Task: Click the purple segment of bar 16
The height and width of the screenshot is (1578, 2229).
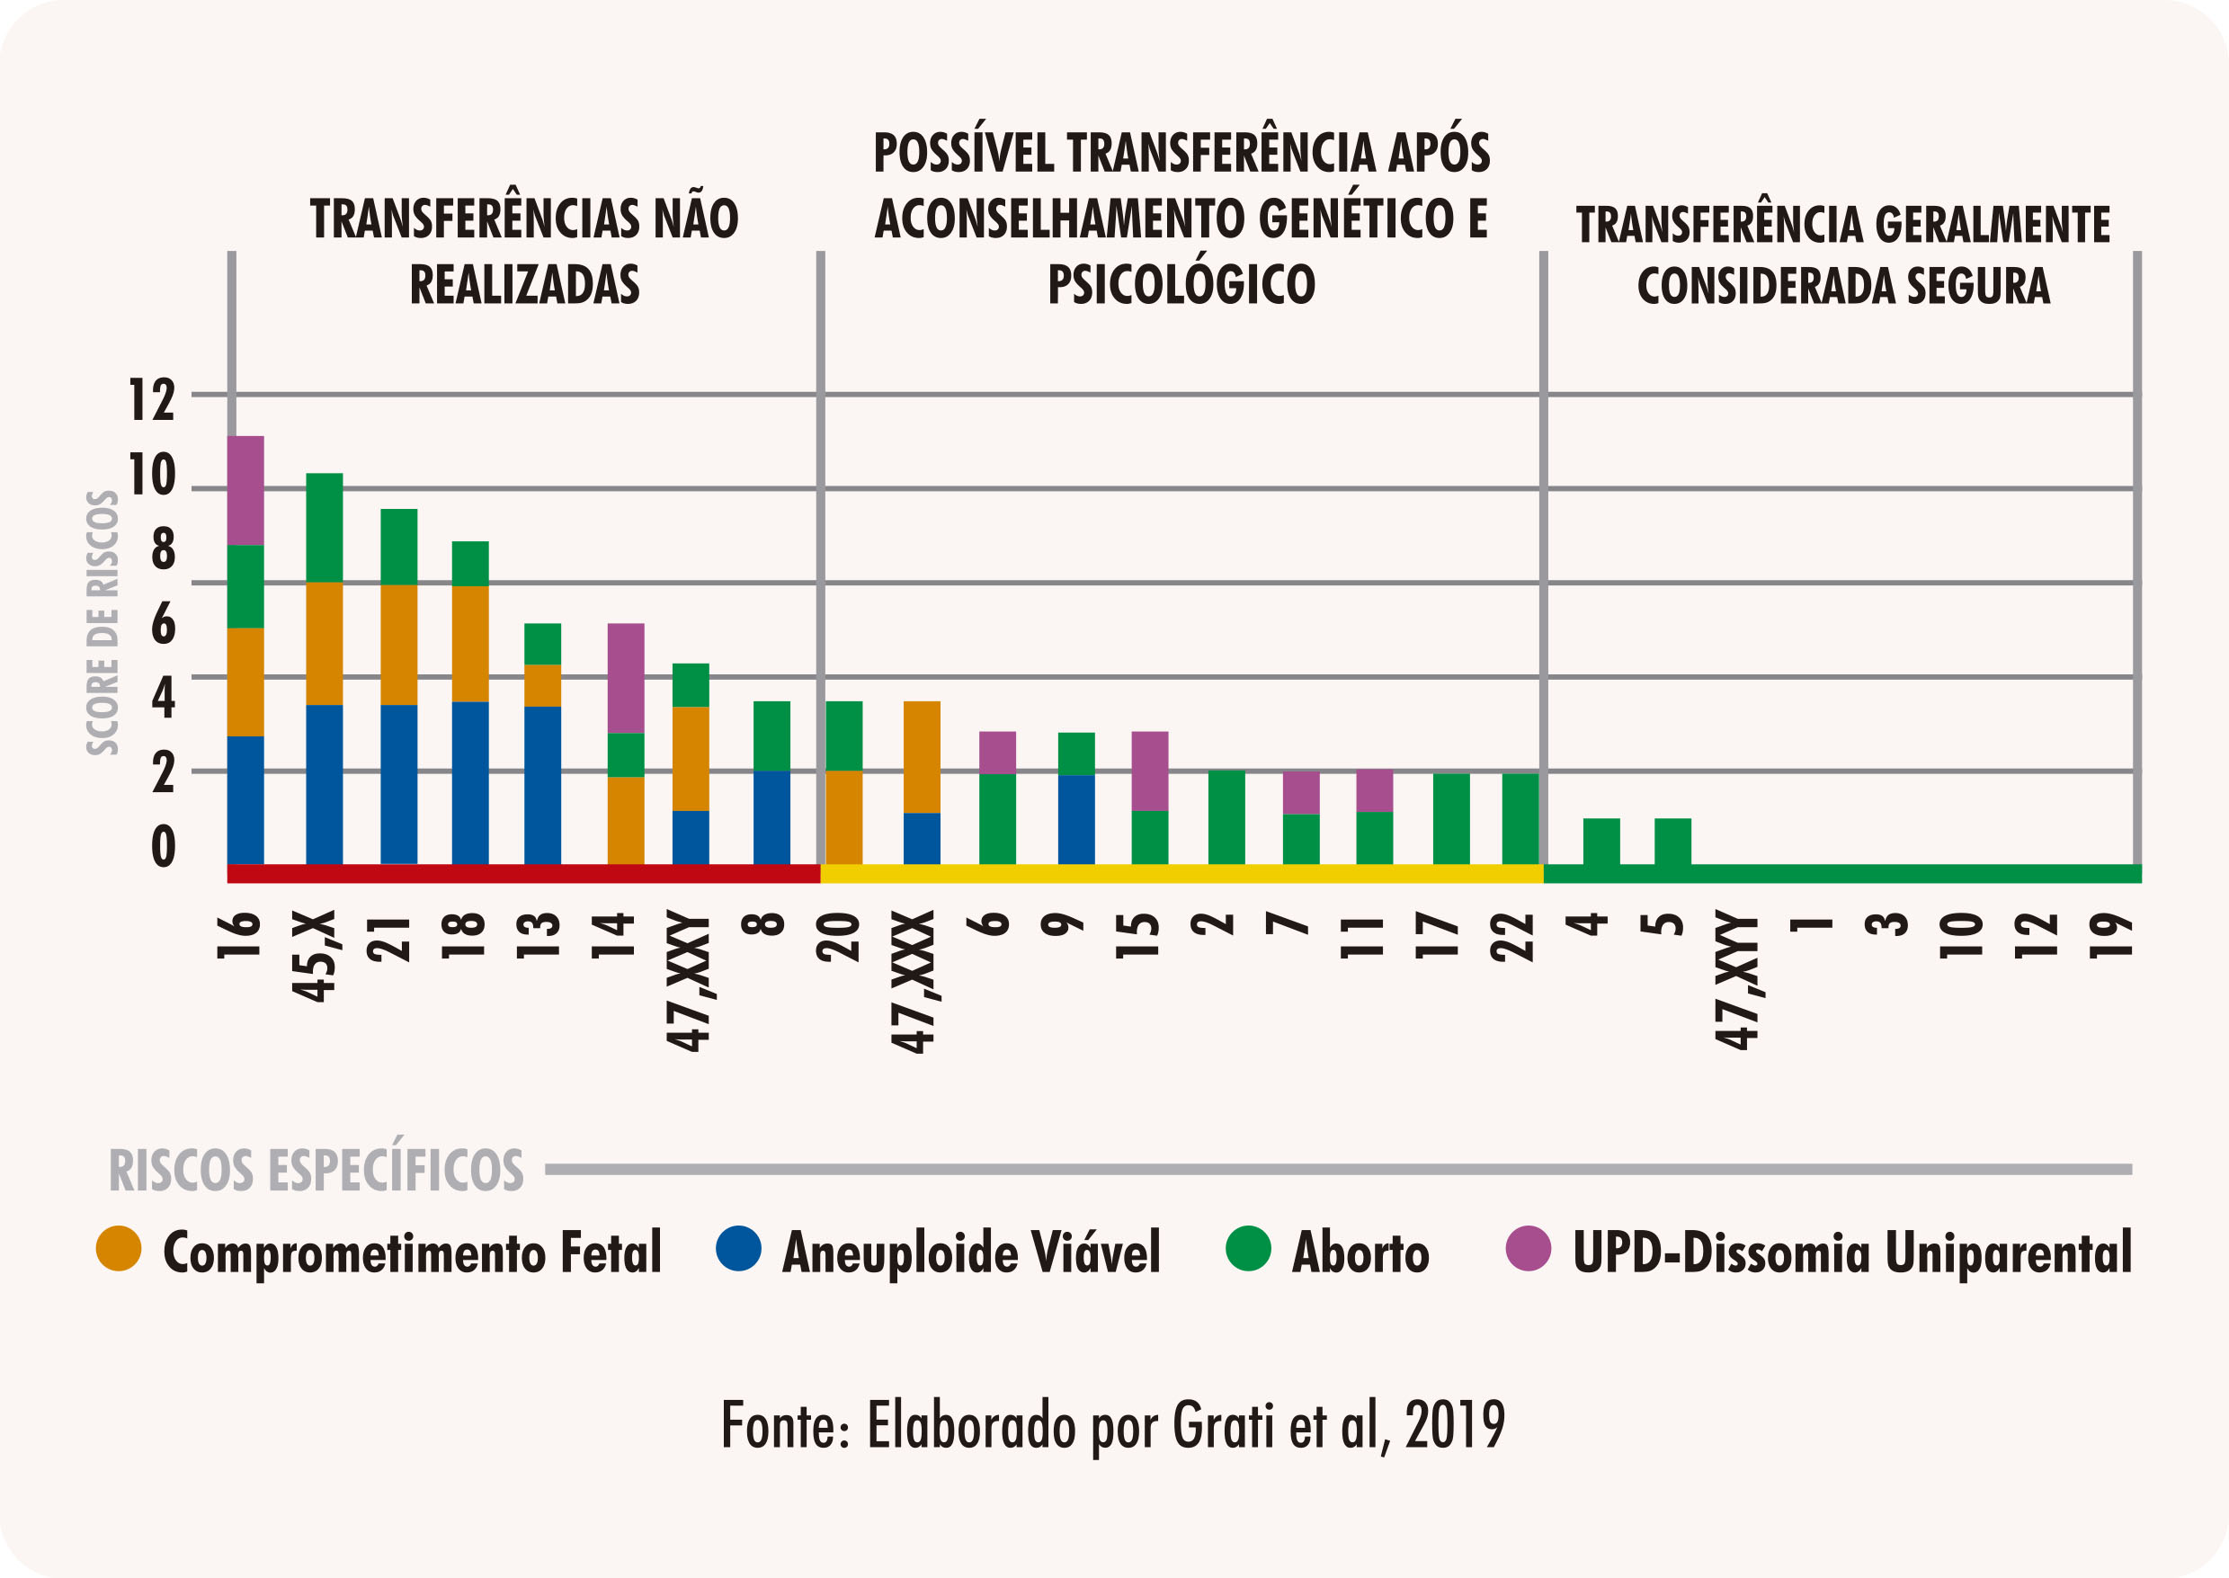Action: (x=245, y=490)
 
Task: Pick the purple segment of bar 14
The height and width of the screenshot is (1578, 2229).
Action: (x=625, y=677)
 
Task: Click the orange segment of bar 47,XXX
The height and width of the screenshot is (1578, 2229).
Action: (x=921, y=756)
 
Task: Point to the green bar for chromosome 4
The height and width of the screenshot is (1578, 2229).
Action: (x=1600, y=841)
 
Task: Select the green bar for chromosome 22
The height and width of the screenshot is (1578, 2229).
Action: (x=1520, y=818)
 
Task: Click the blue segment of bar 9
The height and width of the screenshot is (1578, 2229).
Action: (x=1075, y=818)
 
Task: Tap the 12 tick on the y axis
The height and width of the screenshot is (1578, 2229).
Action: (x=152, y=399)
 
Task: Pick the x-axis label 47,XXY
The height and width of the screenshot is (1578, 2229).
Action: (x=688, y=981)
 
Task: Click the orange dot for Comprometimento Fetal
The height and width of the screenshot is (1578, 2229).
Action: (x=119, y=1249)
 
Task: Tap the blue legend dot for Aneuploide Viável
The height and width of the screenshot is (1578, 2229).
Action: (x=738, y=1249)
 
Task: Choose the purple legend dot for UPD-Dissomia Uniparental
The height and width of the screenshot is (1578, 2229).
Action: (x=1529, y=1249)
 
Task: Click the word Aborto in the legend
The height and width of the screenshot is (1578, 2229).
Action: (x=1360, y=1253)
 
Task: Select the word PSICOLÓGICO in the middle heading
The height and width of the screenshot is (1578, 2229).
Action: (x=1181, y=284)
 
